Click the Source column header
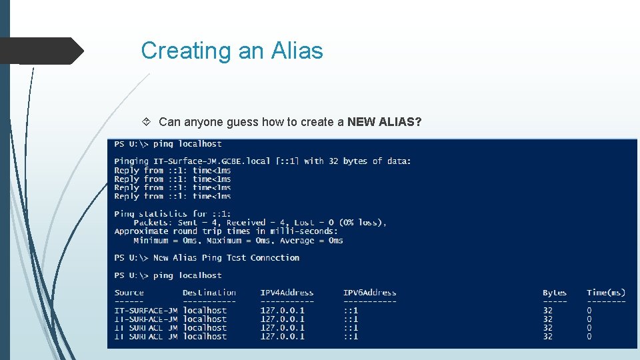129,293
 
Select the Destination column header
209,293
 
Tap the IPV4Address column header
287,293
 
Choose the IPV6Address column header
369,293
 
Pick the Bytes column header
555,293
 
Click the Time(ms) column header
606,293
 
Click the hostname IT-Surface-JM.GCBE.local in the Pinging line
212,161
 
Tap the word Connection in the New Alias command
275,258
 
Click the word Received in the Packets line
246,223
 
